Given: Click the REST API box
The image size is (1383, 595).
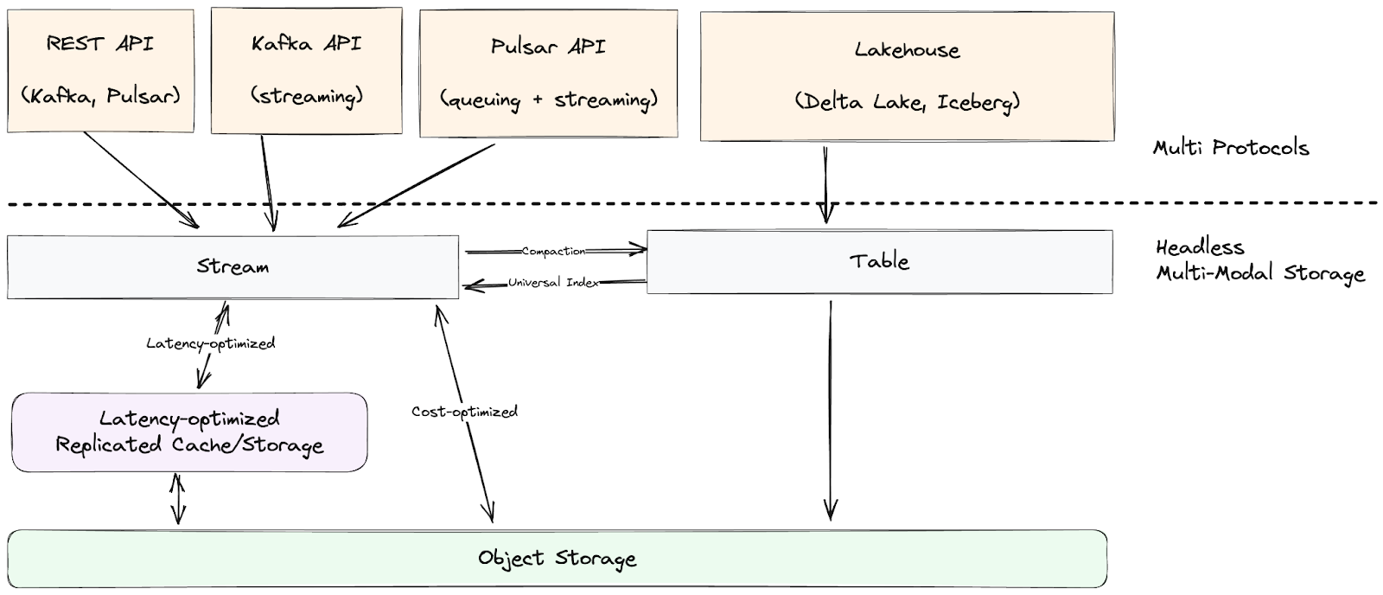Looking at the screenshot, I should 100,71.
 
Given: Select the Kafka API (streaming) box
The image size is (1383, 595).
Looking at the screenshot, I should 306,71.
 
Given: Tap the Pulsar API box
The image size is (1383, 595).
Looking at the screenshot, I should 548,74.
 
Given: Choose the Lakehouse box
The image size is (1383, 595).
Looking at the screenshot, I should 907,76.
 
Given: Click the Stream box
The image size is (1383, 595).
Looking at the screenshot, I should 233,266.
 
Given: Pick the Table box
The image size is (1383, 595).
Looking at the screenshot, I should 879,261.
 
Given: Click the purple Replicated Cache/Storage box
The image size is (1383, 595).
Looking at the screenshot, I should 189,432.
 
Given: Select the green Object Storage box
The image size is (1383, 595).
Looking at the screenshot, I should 557,559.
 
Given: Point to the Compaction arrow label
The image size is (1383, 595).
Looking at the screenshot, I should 553,251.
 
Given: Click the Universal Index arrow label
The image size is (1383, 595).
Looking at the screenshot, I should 553,283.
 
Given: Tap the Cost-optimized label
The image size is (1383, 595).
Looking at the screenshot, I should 464,412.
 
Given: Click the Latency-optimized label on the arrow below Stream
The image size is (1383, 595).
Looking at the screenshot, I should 210,343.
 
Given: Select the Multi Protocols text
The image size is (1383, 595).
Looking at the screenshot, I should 1231,148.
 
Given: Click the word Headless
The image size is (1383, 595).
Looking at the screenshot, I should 1200,247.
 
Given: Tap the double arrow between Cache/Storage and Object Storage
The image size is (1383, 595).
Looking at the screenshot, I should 177,499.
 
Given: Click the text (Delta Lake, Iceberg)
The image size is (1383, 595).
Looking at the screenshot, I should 907,102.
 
